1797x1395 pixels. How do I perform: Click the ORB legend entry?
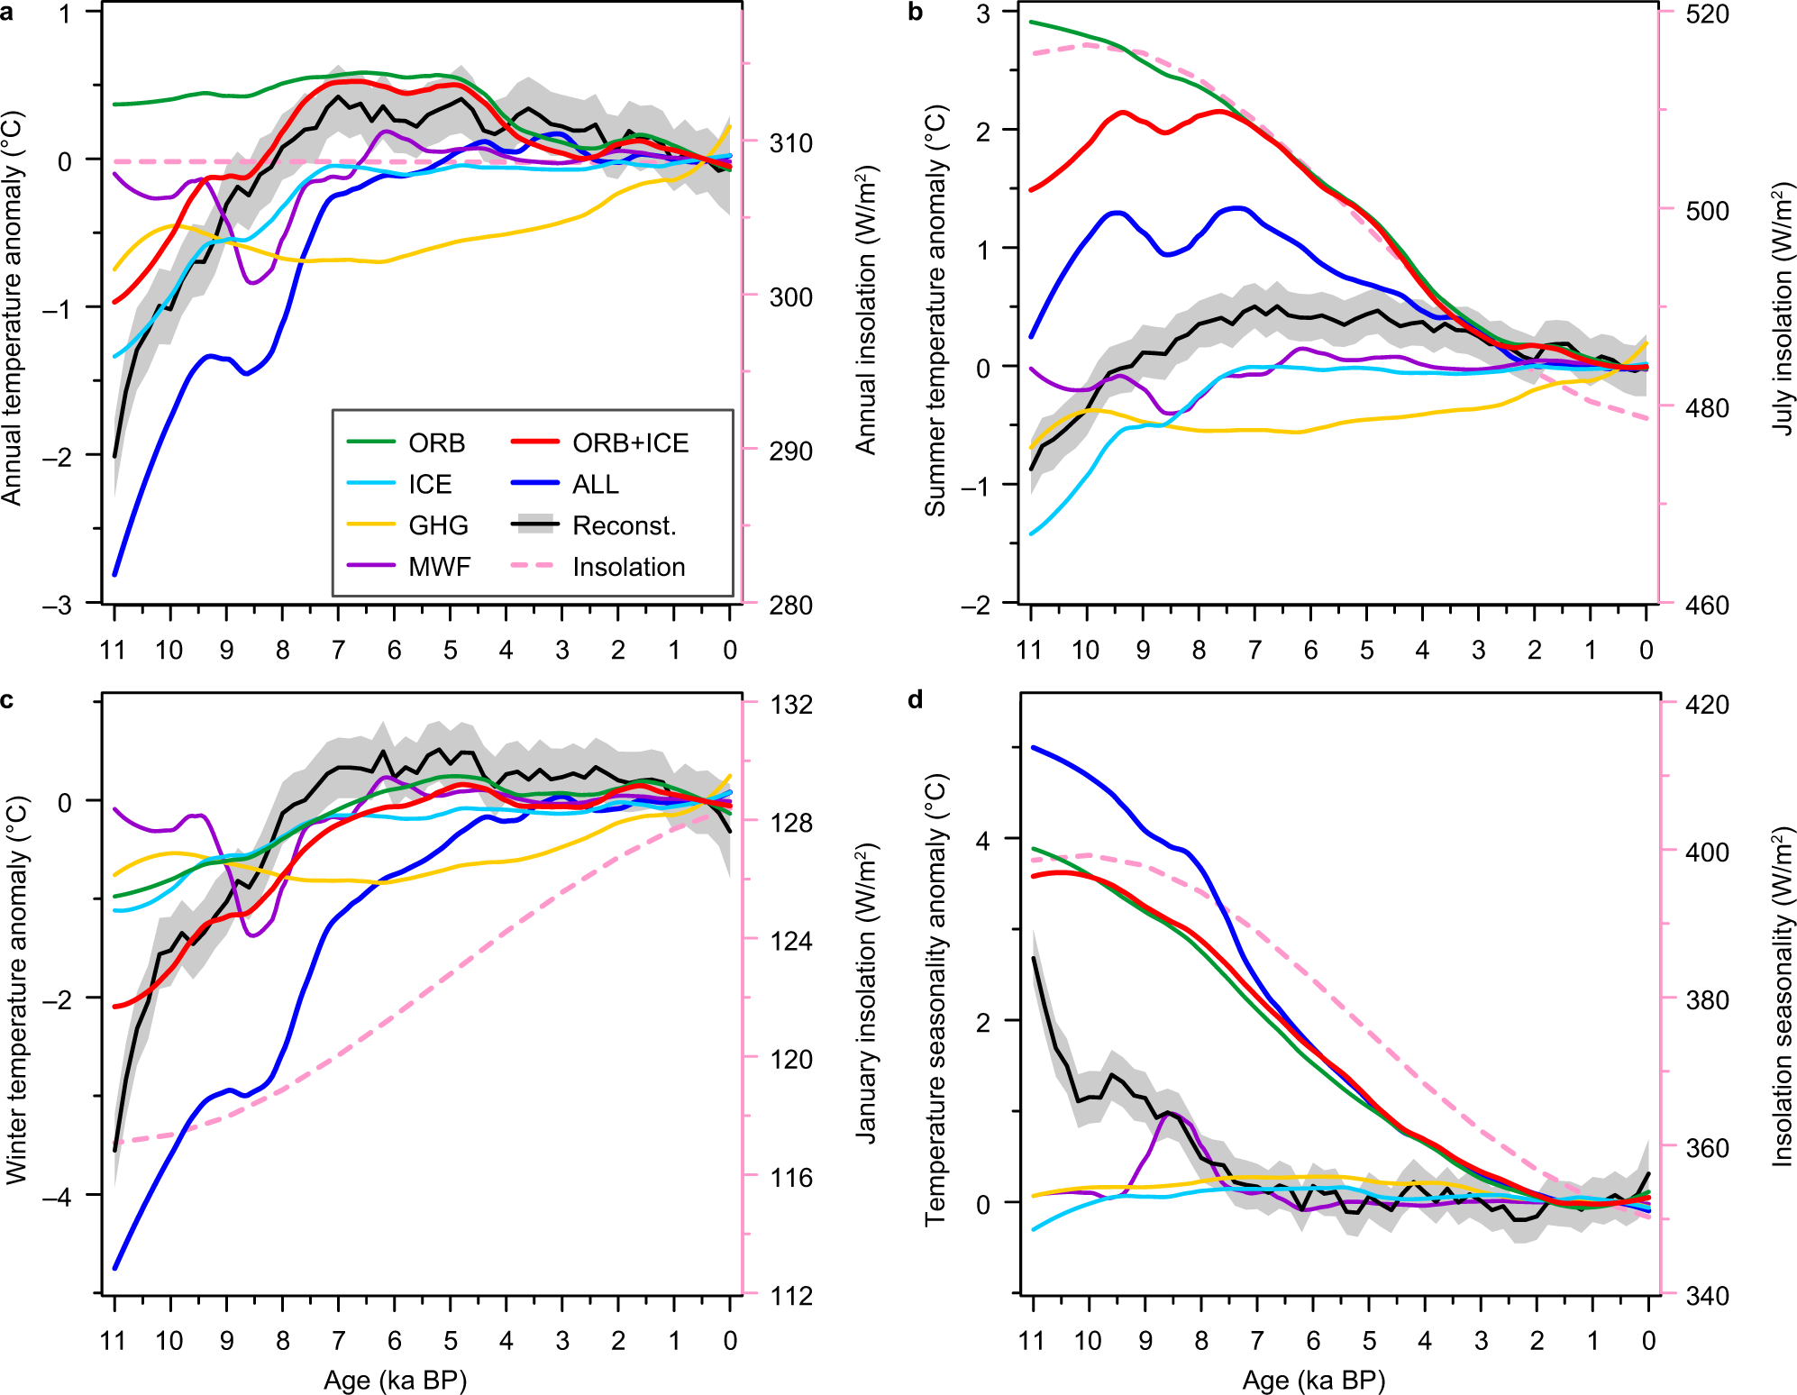[436, 443]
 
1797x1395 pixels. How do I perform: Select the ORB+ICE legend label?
[630, 443]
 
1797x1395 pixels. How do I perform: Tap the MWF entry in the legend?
[439, 567]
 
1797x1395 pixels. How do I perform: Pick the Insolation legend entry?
[628, 567]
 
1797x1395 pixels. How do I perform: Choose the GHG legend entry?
[438, 525]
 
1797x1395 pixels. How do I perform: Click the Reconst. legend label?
[624, 525]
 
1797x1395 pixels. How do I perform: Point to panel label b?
[916, 13]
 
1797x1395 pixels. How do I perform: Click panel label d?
[916, 699]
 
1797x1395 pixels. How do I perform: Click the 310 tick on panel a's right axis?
[790, 143]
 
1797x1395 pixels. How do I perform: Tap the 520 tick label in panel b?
[1707, 14]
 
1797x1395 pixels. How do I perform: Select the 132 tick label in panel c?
[791, 705]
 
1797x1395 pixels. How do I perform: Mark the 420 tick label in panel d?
[1707, 705]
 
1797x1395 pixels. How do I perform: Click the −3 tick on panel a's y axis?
[57, 606]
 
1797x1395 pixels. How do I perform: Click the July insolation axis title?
[1782, 308]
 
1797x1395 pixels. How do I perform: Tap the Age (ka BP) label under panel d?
[1313, 1381]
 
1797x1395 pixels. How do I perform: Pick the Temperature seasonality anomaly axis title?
[935, 998]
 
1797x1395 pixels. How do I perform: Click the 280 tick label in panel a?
[790, 606]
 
